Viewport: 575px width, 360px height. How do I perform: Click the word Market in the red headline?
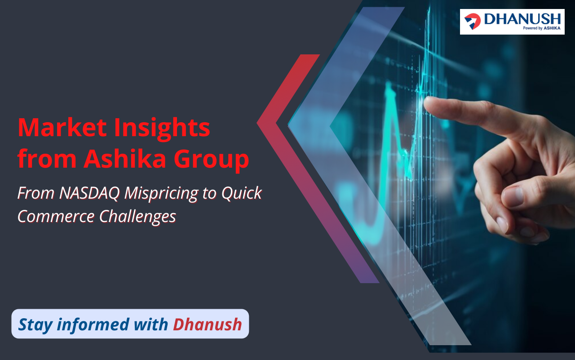[62, 128]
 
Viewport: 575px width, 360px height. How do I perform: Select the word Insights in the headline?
[162, 129]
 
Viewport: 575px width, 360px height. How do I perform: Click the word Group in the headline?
[211, 160]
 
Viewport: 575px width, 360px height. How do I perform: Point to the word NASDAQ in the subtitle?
[89, 193]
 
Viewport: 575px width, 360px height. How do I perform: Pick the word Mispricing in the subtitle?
[161, 194]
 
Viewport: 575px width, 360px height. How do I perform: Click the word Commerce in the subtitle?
[56, 216]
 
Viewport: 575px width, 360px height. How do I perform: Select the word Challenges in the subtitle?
[137, 217]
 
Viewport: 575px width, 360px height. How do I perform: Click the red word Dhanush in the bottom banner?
[208, 324]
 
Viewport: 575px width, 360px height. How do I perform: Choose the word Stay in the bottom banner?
[35, 325]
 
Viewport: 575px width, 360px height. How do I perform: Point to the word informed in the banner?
[93, 324]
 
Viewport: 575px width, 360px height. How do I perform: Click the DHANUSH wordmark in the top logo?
[522, 19]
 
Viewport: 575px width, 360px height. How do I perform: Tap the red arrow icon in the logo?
[473, 21]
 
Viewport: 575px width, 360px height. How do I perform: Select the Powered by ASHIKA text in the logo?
[542, 28]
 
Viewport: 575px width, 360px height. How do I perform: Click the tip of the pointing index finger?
[425, 102]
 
